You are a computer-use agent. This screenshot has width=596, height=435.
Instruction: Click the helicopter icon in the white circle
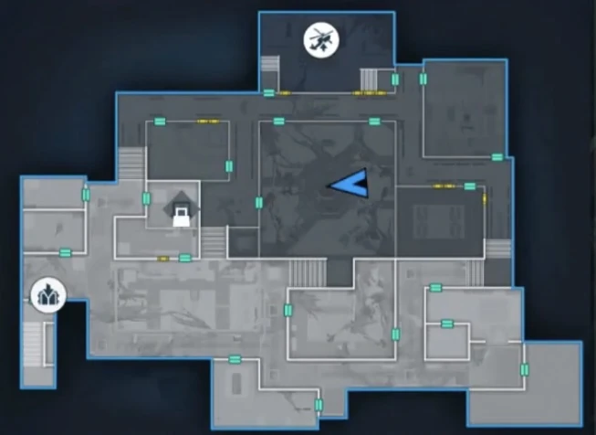[x=319, y=40]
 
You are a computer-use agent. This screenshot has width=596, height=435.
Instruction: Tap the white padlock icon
[x=182, y=216]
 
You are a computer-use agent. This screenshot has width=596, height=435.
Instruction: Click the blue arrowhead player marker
[x=349, y=184]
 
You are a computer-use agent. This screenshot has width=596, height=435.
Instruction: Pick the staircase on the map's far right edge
[x=497, y=247]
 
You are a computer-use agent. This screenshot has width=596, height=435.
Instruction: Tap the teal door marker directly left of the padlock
[x=146, y=198]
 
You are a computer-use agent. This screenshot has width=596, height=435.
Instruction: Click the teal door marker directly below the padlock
[x=185, y=259]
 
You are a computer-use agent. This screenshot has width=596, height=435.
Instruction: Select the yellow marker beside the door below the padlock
[x=163, y=259]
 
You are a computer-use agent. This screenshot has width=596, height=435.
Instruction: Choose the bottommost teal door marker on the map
[x=319, y=405]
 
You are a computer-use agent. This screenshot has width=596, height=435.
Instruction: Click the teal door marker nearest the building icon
[x=65, y=252]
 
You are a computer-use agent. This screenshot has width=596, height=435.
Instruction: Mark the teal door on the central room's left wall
[x=259, y=202]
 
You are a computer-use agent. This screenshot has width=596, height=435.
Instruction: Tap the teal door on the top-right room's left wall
[x=423, y=80]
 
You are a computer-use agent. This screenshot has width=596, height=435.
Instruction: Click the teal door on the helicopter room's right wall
[x=395, y=80]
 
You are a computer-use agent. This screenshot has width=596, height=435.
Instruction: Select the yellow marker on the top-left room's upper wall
[x=207, y=121]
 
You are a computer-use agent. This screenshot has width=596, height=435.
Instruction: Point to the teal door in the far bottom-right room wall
[x=524, y=369]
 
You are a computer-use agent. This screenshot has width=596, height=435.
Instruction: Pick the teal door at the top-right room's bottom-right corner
[x=497, y=156]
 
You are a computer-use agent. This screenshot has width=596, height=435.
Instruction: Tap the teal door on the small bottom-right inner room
[x=447, y=323]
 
